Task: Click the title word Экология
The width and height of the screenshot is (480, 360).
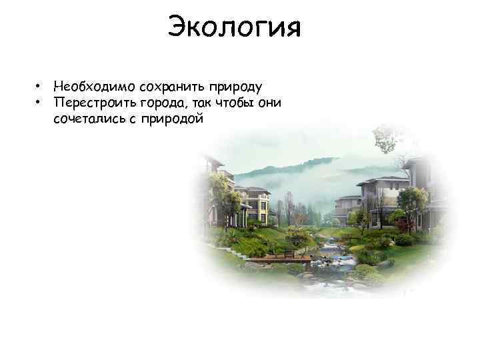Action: [x=234, y=29]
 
